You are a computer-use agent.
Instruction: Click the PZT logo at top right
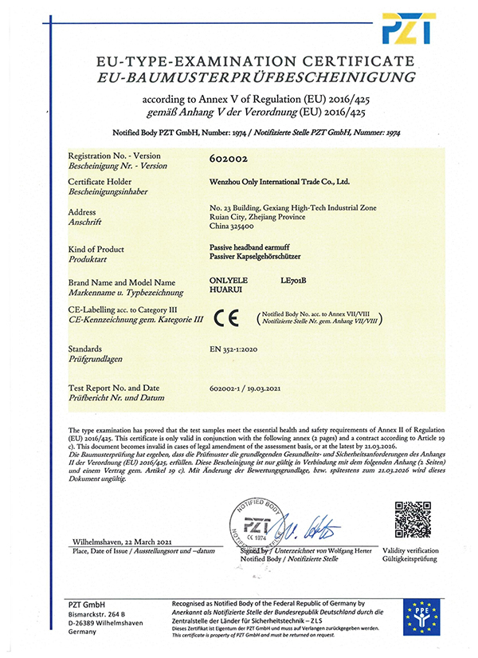408,28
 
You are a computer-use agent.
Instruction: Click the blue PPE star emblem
421,618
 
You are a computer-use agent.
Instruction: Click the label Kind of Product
99,250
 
